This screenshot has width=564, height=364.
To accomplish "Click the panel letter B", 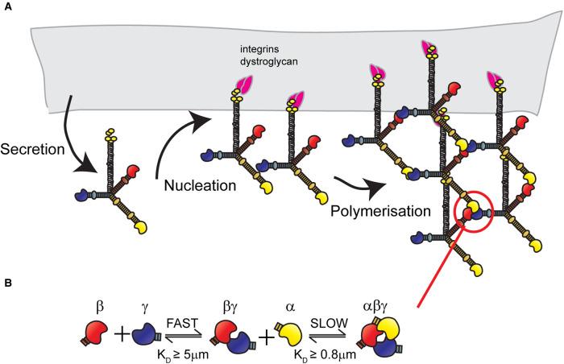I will coord(6,283).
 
